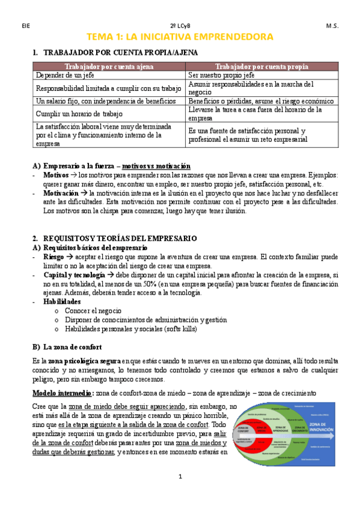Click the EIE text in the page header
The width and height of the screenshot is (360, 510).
25,26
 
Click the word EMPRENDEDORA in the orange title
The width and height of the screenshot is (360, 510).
236,37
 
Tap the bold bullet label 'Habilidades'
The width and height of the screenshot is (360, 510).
62,301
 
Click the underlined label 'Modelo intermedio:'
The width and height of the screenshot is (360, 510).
62,393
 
